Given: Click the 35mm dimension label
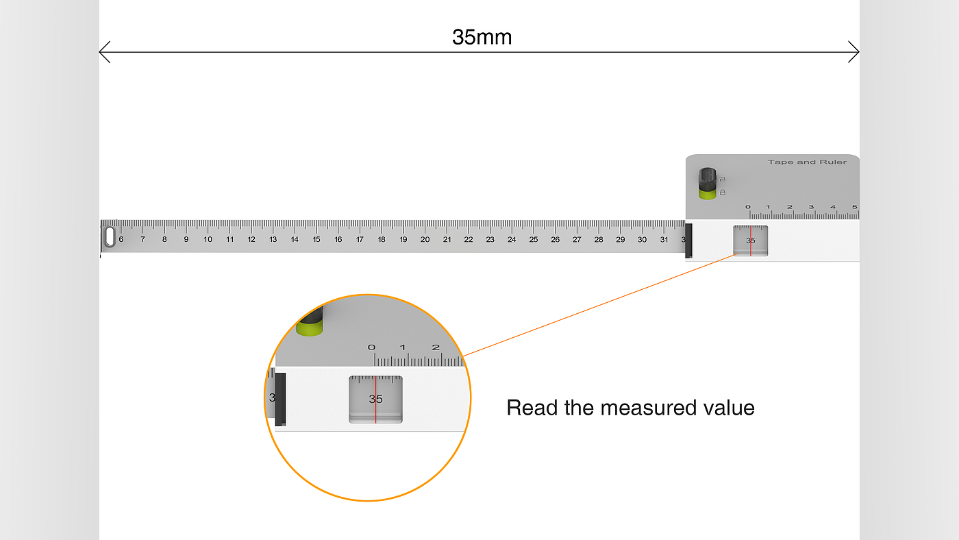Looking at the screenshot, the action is [482, 37].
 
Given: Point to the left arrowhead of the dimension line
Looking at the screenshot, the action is [103, 51].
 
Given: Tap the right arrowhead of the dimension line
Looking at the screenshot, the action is [855, 51].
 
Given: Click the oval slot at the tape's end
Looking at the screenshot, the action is [110, 236].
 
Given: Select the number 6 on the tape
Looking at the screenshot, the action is [121, 240].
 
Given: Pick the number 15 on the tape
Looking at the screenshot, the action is [316, 240].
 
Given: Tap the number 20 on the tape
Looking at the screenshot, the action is [425, 240].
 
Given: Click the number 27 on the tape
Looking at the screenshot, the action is [577, 240].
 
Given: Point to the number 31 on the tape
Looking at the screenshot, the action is [664, 240].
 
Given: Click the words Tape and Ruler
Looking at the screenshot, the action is [807, 162].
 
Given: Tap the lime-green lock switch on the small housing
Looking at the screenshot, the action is [708, 192].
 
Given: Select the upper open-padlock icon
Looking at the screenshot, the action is [722, 179].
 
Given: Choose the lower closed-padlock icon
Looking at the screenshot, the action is [722, 193].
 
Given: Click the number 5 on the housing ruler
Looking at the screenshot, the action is [854, 207].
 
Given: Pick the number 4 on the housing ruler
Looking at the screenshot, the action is [833, 207].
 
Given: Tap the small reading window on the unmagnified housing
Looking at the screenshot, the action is [751, 241].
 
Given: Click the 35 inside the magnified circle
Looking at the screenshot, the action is [375, 399].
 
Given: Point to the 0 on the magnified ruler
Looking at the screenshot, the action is [372, 347].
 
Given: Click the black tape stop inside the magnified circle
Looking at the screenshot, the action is [280, 399].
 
